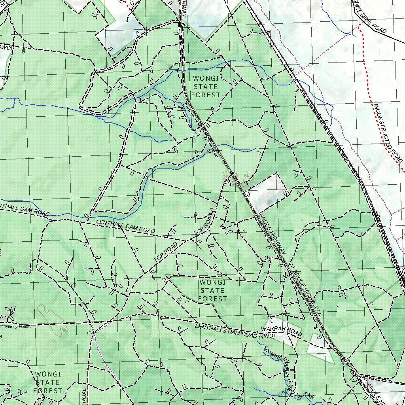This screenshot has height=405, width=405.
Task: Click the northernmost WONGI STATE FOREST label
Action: click(205, 86)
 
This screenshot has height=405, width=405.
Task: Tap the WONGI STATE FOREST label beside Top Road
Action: click(212, 290)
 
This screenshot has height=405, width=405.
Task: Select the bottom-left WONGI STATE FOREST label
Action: click(47, 382)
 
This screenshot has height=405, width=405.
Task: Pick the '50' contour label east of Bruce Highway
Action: click(247, 176)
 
